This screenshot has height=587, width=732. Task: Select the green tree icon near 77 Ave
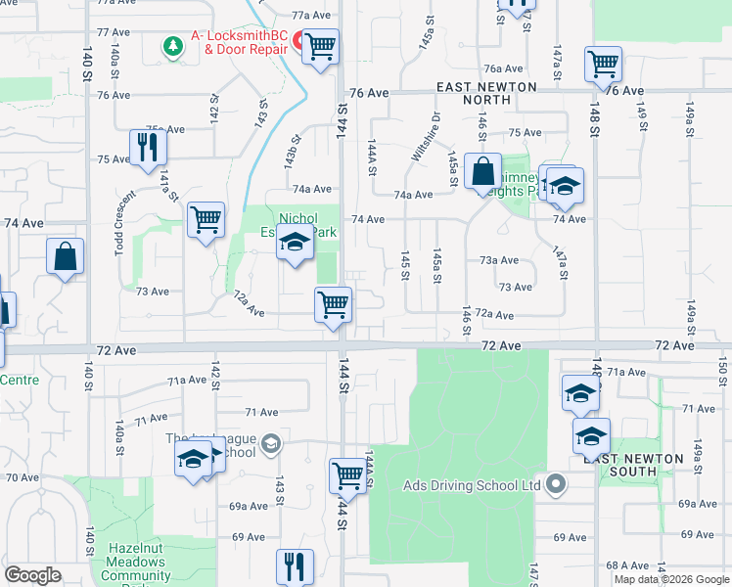coord(173,46)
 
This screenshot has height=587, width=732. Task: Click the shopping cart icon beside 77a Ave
coord(320,46)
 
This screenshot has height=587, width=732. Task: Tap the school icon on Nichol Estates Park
coord(294,241)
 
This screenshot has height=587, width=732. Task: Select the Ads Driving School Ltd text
coord(472,485)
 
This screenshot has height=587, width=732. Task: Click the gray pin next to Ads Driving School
coord(557,484)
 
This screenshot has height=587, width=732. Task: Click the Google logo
coord(33,575)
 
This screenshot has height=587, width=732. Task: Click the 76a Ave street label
coord(504,68)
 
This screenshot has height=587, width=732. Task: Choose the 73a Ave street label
coord(498,260)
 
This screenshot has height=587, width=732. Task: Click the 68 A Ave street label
coord(627,564)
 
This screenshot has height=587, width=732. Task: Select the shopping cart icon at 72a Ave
coord(334,304)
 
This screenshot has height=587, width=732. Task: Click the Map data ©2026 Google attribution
coord(671,579)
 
